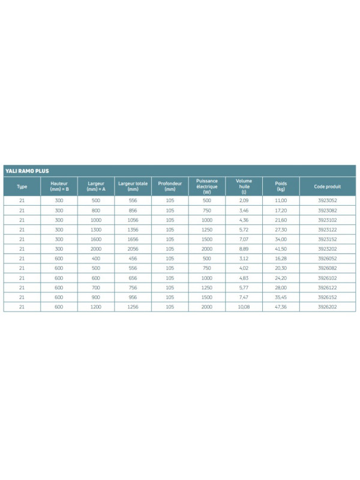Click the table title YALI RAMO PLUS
[26, 171]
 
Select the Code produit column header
[327, 187]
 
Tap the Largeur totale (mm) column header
[133, 187]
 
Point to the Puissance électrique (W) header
[207, 187]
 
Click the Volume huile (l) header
[244, 187]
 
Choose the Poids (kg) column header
[281, 187]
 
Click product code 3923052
[327, 200]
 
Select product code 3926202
[327, 307]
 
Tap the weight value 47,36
[281, 307]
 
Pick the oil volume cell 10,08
[244, 307]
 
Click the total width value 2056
[133, 249]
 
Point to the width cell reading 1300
[96, 229]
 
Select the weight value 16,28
[281, 259]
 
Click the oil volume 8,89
[244, 249]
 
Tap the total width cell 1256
[133, 307]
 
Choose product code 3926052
[327, 259]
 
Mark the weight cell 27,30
[281, 229]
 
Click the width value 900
[96, 298]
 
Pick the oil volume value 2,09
[244, 200]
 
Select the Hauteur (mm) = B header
[59, 187]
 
